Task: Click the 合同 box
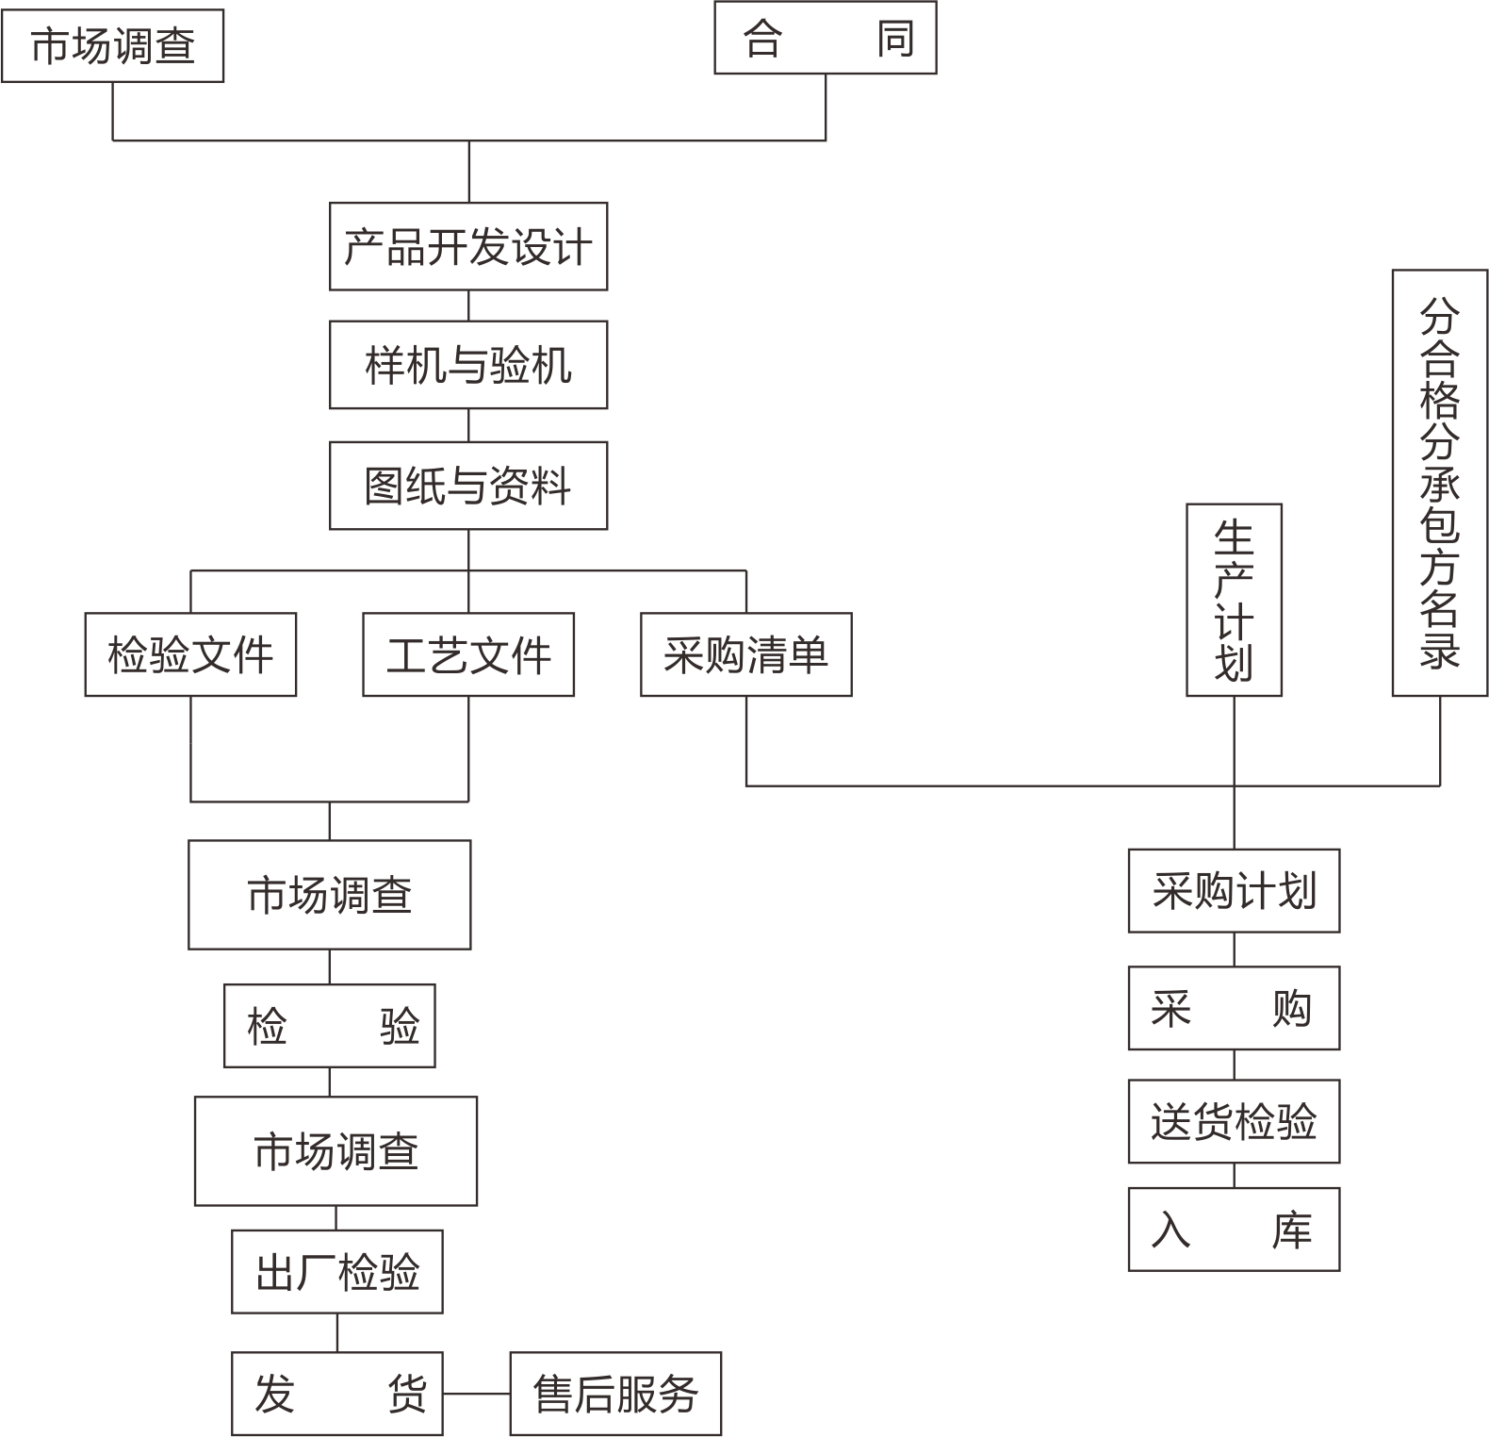coord(826,38)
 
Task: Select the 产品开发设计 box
coord(468,246)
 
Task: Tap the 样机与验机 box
coord(468,365)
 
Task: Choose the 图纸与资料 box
coord(468,486)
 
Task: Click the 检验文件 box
coord(190,654)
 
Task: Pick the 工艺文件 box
coord(468,654)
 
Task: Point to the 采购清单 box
coord(746,654)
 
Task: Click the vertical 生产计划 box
coord(1235,600)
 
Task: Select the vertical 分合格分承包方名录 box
coord(1440,483)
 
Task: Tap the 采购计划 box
coord(1235,891)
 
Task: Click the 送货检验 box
coord(1235,1121)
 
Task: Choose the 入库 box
coord(1235,1230)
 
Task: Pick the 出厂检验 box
coord(337,1272)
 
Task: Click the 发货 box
coord(337,1394)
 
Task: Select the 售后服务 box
coord(615,1394)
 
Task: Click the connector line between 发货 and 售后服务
coord(477,1394)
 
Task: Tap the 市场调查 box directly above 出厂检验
coord(336,1151)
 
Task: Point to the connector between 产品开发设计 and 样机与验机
coord(468,306)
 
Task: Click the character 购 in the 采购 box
coord(1291,1009)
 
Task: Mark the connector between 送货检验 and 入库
coord(1235,1176)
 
